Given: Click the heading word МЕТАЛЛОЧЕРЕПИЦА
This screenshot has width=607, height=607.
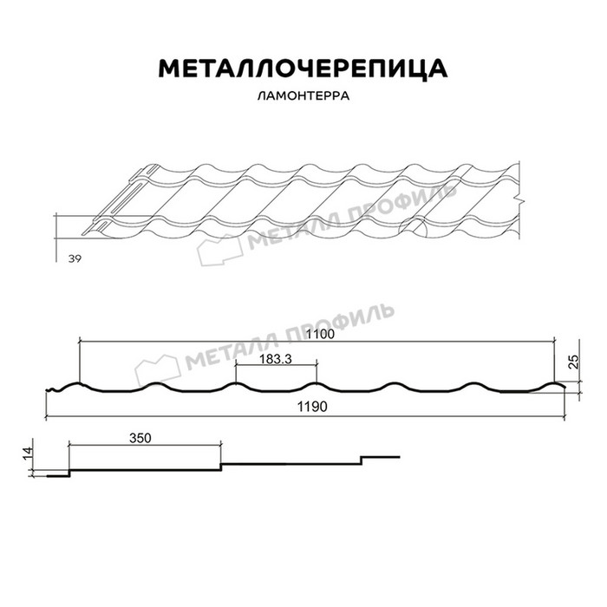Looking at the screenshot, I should click(x=303, y=69).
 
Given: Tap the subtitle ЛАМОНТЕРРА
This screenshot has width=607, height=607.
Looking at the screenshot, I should click(x=303, y=96).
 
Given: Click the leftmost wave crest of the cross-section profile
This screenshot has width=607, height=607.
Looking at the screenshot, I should click(x=78, y=384).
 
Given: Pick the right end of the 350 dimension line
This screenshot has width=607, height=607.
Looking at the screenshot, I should click(x=221, y=446).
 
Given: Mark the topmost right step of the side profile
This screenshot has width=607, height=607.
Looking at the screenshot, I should click(x=382, y=455).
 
